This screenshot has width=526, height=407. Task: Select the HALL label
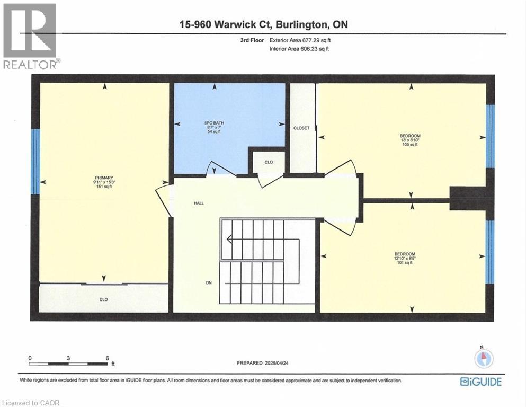pyautogui.click(x=199, y=203)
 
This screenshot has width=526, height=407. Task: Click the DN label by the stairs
pyautogui.click(x=209, y=282)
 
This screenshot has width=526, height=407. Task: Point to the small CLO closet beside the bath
pyautogui.click(x=269, y=162)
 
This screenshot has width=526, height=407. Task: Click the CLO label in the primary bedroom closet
pyautogui.click(x=104, y=300)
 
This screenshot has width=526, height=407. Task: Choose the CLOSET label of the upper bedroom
pyautogui.click(x=301, y=128)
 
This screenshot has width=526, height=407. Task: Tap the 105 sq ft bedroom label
pyautogui.click(x=409, y=140)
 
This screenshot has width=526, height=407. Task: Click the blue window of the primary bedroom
pyautogui.click(x=35, y=161)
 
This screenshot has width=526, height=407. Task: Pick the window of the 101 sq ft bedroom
pyautogui.click(x=491, y=251)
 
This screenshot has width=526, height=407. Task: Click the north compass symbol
pyautogui.click(x=483, y=358)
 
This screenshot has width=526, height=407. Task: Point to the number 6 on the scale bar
pyautogui.click(x=108, y=358)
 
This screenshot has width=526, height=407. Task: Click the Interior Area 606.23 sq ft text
pyautogui.click(x=301, y=49)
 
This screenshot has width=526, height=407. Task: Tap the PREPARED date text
pyautogui.click(x=263, y=363)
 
